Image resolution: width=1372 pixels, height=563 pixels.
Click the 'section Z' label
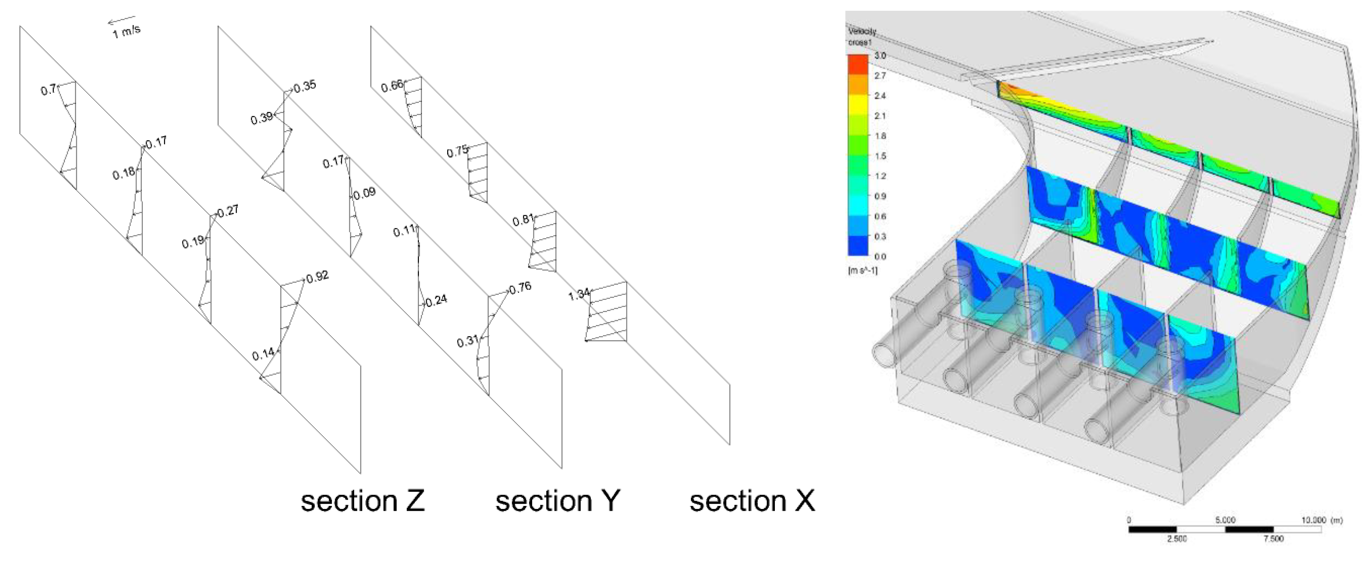(x=363, y=501)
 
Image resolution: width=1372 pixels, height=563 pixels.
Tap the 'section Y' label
(x=558, y=501)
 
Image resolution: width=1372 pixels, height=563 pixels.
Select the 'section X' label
(x=752, y=501)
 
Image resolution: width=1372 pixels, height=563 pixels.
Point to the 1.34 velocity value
(x=579, y=294)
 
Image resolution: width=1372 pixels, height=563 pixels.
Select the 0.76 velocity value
(x=520, y=288)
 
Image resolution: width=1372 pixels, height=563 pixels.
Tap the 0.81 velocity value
(x=523, y=219)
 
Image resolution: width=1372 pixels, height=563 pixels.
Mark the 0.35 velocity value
(x=305, y=86)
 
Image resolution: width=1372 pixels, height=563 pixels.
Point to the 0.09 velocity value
(x=364, y=193)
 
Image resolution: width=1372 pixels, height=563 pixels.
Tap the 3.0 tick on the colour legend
(x=880, y=55)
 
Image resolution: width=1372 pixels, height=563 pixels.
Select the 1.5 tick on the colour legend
(x=880, y=156)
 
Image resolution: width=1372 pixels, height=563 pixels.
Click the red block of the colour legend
(x=858, y=64)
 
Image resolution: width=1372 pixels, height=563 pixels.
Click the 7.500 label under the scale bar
(x=1273, y=539)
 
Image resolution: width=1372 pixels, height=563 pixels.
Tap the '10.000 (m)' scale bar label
(x=1322, y=520)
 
